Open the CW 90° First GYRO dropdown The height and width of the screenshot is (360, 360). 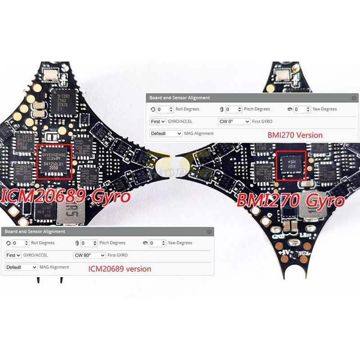[x=89, y=255]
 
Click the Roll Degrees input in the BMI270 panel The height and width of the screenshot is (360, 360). [x=165, y=109]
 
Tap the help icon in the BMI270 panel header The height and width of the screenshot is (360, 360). [x=354, y=98]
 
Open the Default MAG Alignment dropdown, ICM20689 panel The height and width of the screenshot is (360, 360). [x=21, y=267]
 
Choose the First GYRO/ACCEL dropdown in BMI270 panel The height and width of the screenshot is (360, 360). [x=157, y=121]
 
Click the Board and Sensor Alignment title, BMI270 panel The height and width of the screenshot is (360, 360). [x=180, y=98]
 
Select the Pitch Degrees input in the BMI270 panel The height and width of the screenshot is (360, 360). [x=234, y=109]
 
